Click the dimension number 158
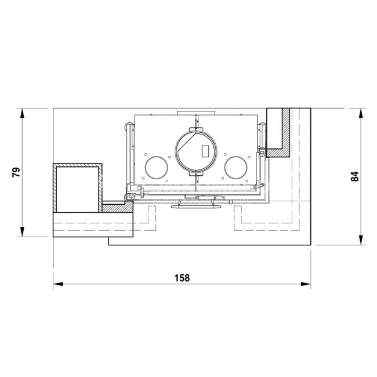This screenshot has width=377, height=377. click(x=182, y=278)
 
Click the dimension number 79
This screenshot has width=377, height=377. click(x=16, y=172)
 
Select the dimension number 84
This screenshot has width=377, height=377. click(x=355, y=176)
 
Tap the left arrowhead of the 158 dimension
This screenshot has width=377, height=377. click(x=58, y=284)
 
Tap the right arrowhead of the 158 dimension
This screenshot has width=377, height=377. click(x=306, y=284)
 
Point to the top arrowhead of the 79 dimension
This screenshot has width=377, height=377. click(x=23, y=113)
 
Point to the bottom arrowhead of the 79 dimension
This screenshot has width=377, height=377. click(x=23, y=232)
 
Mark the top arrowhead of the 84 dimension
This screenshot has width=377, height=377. click(x=361, y=113)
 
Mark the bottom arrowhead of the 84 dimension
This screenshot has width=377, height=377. click(x=361, y=240)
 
